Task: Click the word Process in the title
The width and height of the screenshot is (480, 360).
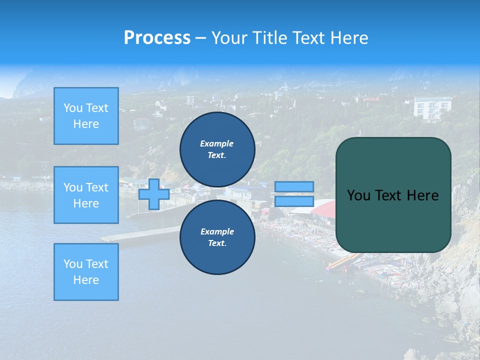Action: (x=157, y=37)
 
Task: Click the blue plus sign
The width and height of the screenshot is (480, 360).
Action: (x=154, y=194)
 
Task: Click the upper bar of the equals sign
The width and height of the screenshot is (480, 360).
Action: (x=294, y=186)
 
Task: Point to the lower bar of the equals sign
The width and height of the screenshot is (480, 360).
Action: (x=294, y=201)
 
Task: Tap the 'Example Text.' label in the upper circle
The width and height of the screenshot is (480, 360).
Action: (x=217, y=149)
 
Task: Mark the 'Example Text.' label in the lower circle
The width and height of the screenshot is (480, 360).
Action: (x=217, y=237)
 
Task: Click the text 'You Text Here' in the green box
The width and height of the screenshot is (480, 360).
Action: (x=393, y=195)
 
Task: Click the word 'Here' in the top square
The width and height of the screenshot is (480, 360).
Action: (x=86, y=124)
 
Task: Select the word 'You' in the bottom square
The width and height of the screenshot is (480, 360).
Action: (x=73, y=263)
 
